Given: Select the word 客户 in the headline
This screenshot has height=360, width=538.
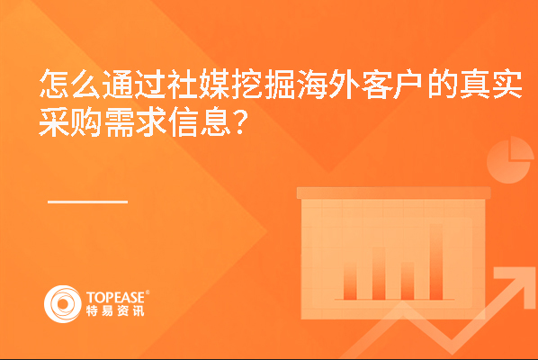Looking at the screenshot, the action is click(392, 84).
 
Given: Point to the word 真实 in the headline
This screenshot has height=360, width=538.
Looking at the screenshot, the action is click(490, 84).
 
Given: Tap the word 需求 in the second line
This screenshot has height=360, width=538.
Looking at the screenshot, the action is click(135, 121).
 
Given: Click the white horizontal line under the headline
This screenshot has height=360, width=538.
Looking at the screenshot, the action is click(87, 202).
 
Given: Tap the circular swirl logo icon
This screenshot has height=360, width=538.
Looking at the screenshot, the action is click(63, 304).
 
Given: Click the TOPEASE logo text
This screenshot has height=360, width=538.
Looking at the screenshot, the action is click(116, 297).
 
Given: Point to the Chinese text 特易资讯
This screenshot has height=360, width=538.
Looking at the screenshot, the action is click(115, 310).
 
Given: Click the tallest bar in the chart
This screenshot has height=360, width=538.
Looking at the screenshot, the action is click(435, 262).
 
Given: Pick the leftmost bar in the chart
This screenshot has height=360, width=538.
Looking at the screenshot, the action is click(350, 282).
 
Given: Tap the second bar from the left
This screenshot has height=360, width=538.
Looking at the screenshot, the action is click(379, 274).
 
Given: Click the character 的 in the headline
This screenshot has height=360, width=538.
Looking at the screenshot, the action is click(441, 84).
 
